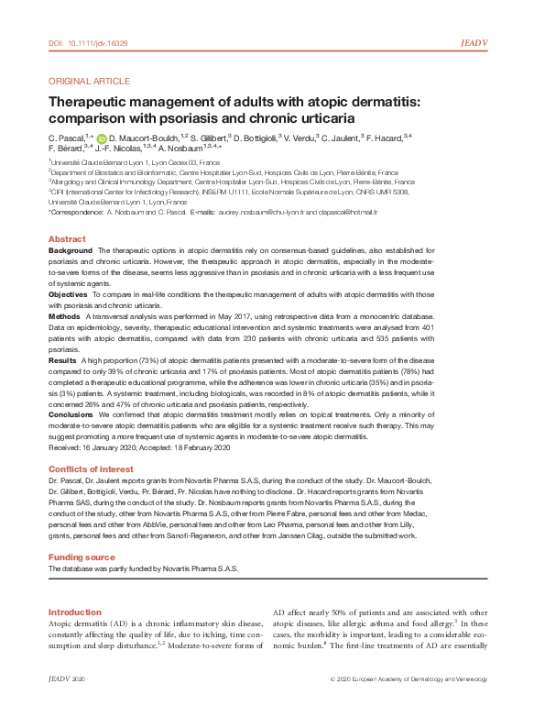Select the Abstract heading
click(67, 239)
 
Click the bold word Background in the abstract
click(70, 250)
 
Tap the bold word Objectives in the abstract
click(68, 294)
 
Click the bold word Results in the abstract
click(62, 360)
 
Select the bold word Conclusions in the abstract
click(71, 415)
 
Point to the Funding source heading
click(82, 557)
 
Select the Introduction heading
click(74, 612)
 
